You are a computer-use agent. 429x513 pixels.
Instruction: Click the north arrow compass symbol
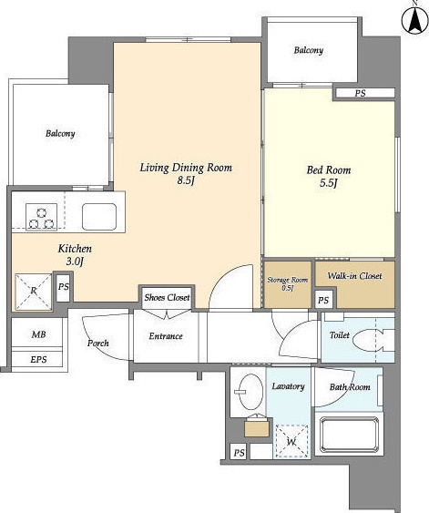tap(415, 20)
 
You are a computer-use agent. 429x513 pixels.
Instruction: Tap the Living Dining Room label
tap(186, 168)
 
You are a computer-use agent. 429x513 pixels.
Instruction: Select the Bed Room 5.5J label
tap(329, 176)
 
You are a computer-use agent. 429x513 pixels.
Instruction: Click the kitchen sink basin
tap(99, 217)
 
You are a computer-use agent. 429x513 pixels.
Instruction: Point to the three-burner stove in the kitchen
tap(42, 217)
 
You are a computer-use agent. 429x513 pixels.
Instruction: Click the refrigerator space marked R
tap(34, 292)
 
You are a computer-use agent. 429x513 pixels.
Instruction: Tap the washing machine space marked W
tap(291, 441)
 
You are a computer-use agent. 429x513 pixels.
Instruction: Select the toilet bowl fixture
tap(373, 340)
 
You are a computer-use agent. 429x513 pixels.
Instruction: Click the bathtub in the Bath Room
tap(349, 435)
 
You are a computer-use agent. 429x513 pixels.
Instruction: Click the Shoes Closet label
tap(167, 297)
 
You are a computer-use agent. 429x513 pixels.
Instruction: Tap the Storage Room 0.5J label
tap(288, 284)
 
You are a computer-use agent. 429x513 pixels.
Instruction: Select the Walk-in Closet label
tap(355, 276)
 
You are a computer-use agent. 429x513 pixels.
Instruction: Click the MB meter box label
tap(38, 334)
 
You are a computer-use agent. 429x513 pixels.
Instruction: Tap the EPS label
tap(38, 359)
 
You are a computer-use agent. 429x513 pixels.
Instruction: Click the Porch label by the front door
tap(98, 343)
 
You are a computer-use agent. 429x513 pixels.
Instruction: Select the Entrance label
tap(166, 336)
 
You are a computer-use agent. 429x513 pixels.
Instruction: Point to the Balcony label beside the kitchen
tap(60, 133)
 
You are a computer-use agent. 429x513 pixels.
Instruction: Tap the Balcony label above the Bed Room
tap(309, 50)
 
